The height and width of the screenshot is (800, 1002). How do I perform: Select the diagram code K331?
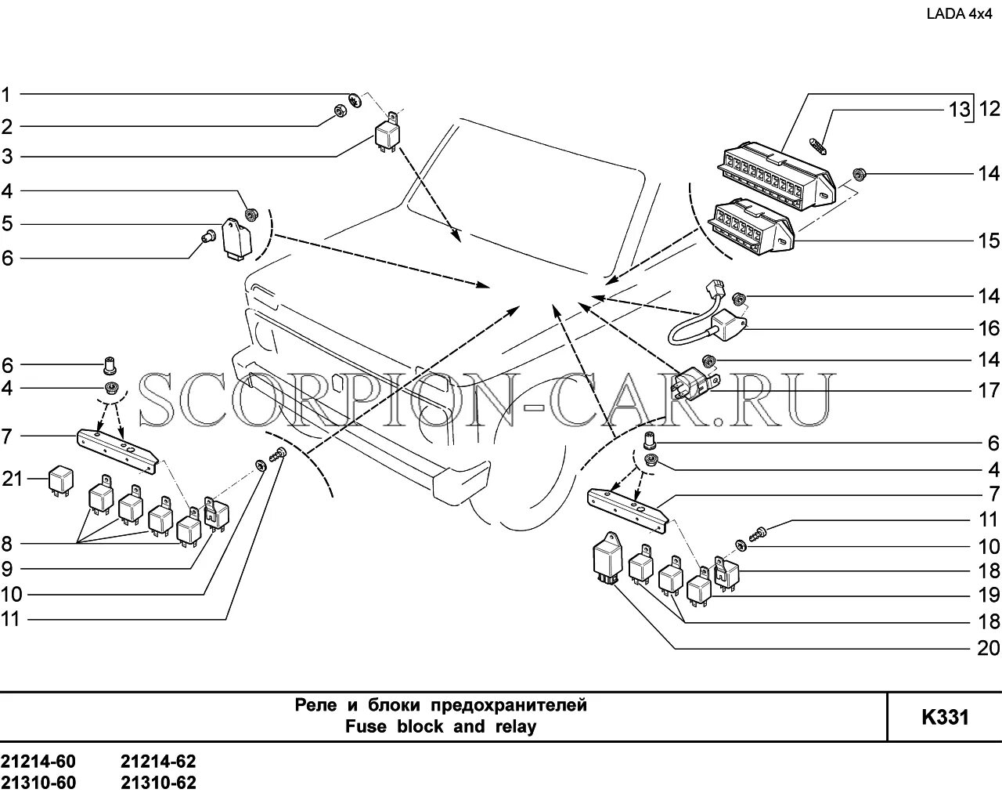(x=945, y=718)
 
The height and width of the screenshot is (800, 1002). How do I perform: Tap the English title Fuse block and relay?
(x=441, y=726)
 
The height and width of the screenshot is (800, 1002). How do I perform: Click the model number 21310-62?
(x=158, y=783)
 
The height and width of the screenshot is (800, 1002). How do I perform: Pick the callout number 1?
(x=6, y=95)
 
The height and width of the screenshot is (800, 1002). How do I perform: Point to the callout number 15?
(x=989, y=240)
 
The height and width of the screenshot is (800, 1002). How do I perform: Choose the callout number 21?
(x=13, y=478)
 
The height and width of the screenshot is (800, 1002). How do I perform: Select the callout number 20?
(x=989, y=648)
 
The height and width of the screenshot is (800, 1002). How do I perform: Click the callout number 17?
(x=989, y=389)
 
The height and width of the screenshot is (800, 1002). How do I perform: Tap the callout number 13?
(x=959, y=110)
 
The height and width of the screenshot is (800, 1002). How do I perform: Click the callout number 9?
(x=6, y=568)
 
